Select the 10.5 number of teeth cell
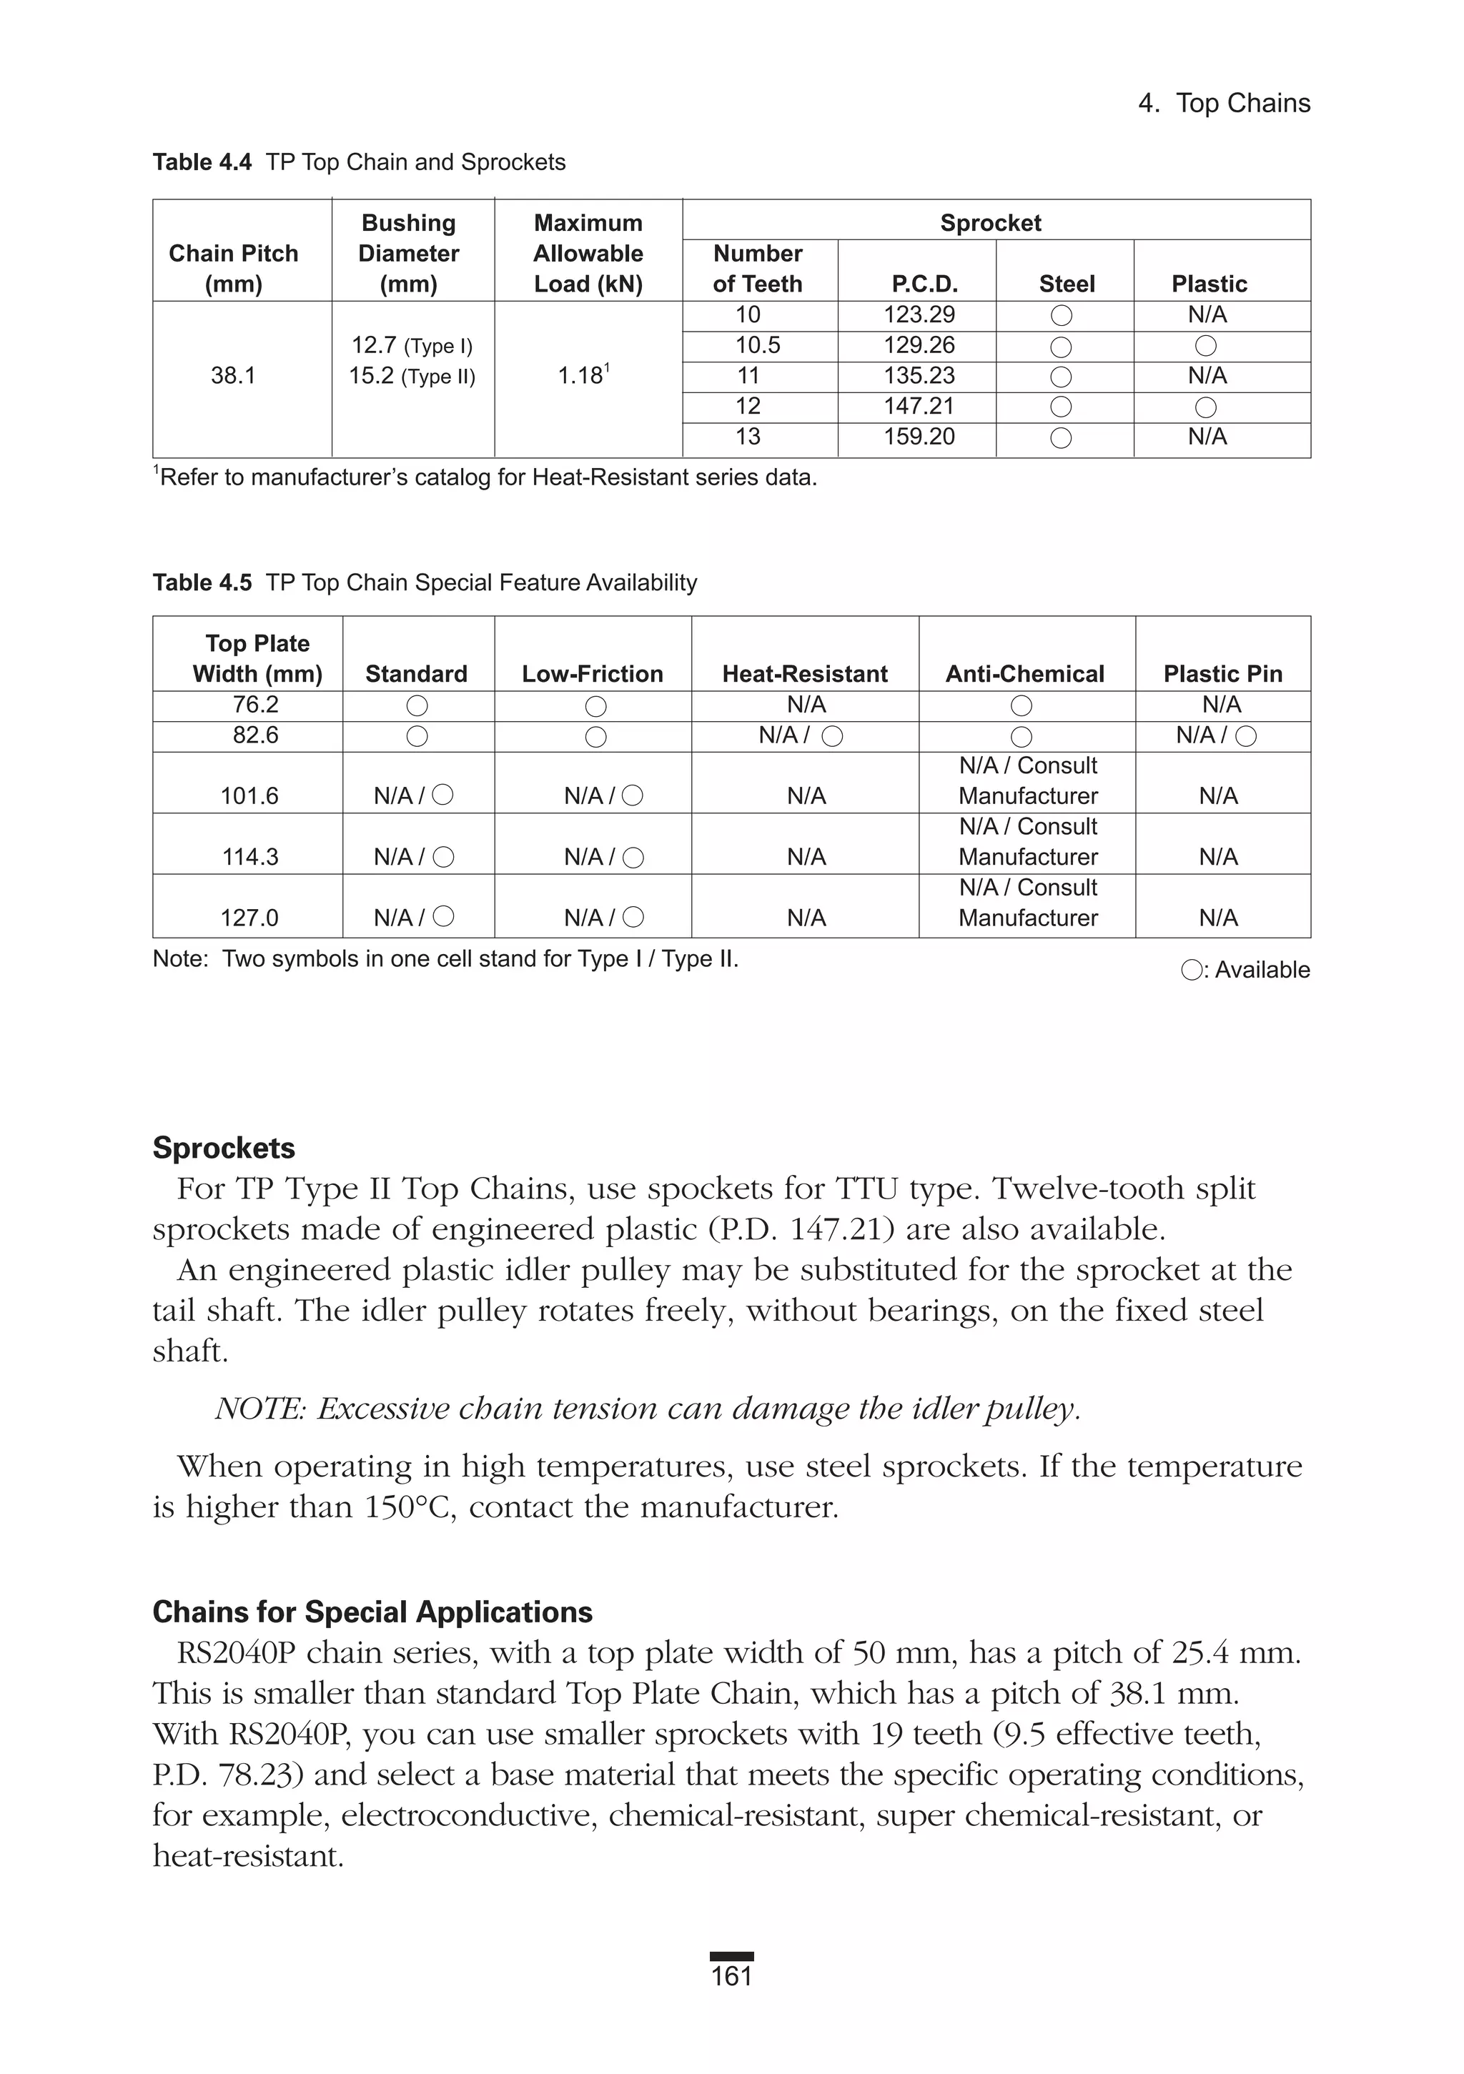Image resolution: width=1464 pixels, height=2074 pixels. pyautogui.click(x=757, y=345)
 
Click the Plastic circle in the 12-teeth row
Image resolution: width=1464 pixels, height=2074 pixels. pyautogui.click(x=1205, y=407)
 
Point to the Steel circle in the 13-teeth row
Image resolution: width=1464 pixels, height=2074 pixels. pyautogui.click(x=1061, y=438)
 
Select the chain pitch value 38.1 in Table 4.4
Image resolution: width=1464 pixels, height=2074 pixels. pyautogui.click(x=233, y=376)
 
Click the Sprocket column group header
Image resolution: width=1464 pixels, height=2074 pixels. pyautogui.click(x=991, y=222)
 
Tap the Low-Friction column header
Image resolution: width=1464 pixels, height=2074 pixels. pyautogui.click(x=592, y=674)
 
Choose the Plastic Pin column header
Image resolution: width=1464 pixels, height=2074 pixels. pyautogui.click(x=1222, y=674)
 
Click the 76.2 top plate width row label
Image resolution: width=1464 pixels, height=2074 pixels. pyautogui.click(x=256, y=705)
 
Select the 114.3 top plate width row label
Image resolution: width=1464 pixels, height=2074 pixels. pyautogui.click(x=249, y=856)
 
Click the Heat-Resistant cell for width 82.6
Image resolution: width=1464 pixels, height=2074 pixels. pyautogui.click(x=801, y=735)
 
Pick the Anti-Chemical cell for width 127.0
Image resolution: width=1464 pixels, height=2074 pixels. pyautogui.click(x=1027, y=903)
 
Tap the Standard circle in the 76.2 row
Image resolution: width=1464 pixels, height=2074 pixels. pyautogui.click(x=417, y=705)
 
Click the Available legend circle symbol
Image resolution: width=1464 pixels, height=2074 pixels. pyautogui.click(x=1191, y=970)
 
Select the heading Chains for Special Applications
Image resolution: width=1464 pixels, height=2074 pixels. pyautogui.click(x=372, y=1612)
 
